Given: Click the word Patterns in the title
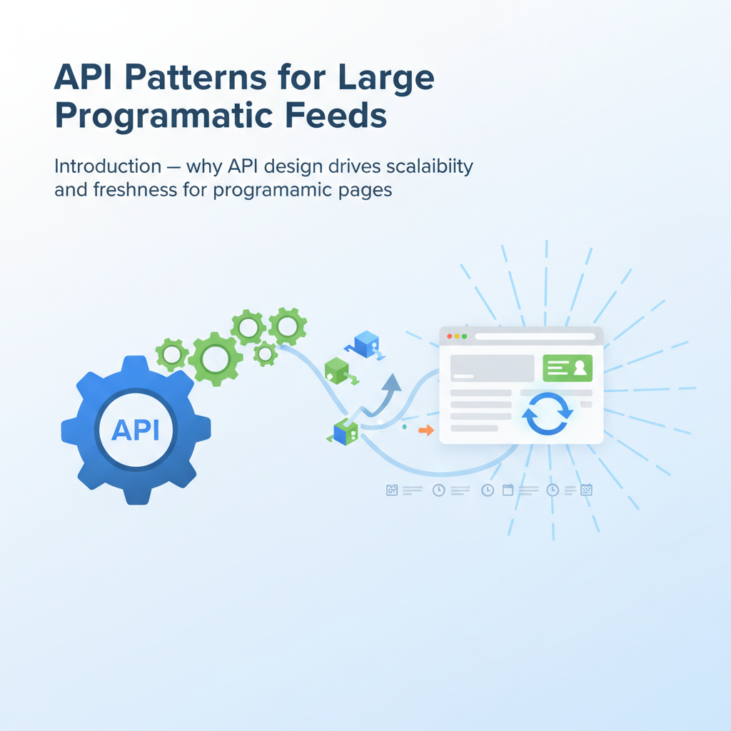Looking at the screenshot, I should pyautogui.click(x=181, y=78).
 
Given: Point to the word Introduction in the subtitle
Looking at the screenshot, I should pyautogui.click(x=108, y=166).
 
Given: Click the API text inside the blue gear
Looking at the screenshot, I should pyautogui.click(x=136, y=430).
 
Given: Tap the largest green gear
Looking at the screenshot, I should pyautogui.click(x=215, y=359).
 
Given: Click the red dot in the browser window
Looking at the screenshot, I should pyautogui.click(x=450, y=336).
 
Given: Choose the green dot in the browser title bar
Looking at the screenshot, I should pyautogui.click(x=465, y=336).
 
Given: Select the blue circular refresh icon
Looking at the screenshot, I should pyautogui.click(x=548, y=413).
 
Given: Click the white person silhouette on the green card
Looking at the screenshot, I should pyautogui.click(x=579, y=368).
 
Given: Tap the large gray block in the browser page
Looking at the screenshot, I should pyautogui.click(x=492, y=368).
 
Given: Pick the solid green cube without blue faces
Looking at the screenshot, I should pyautogui.click(x=336, y=370).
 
